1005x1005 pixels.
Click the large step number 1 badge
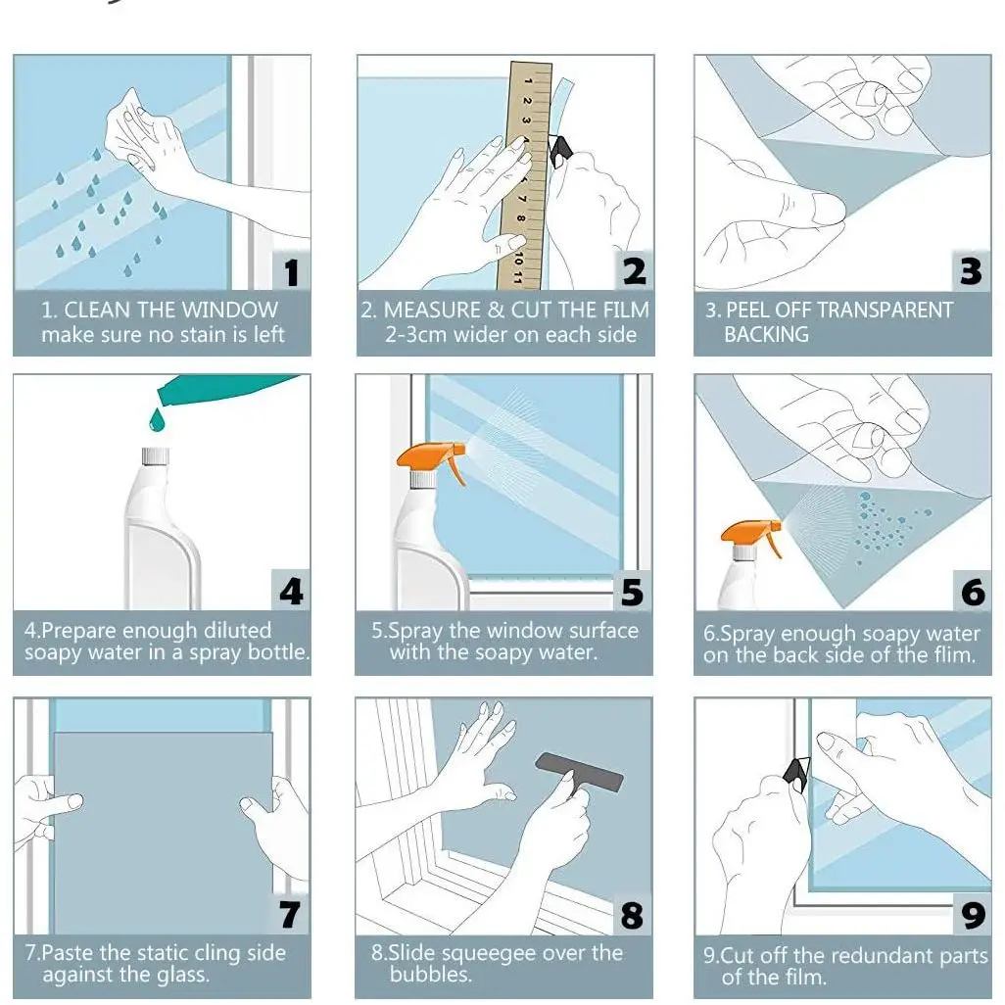pos(292,270)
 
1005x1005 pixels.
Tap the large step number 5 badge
pos(632,591)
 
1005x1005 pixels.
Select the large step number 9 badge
pos(973,915)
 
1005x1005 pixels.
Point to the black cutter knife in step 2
pos(560,152)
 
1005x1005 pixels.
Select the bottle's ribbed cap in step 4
pos(155,455)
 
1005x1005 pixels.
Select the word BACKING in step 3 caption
pos(766,334)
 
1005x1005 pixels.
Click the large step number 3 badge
pos(971,270)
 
